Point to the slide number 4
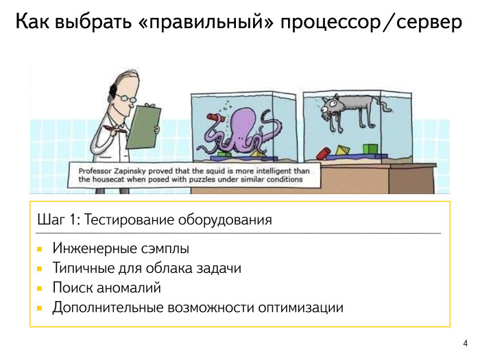[466, 344]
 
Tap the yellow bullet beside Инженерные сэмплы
[40, 248]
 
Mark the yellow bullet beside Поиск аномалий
[40, 288]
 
